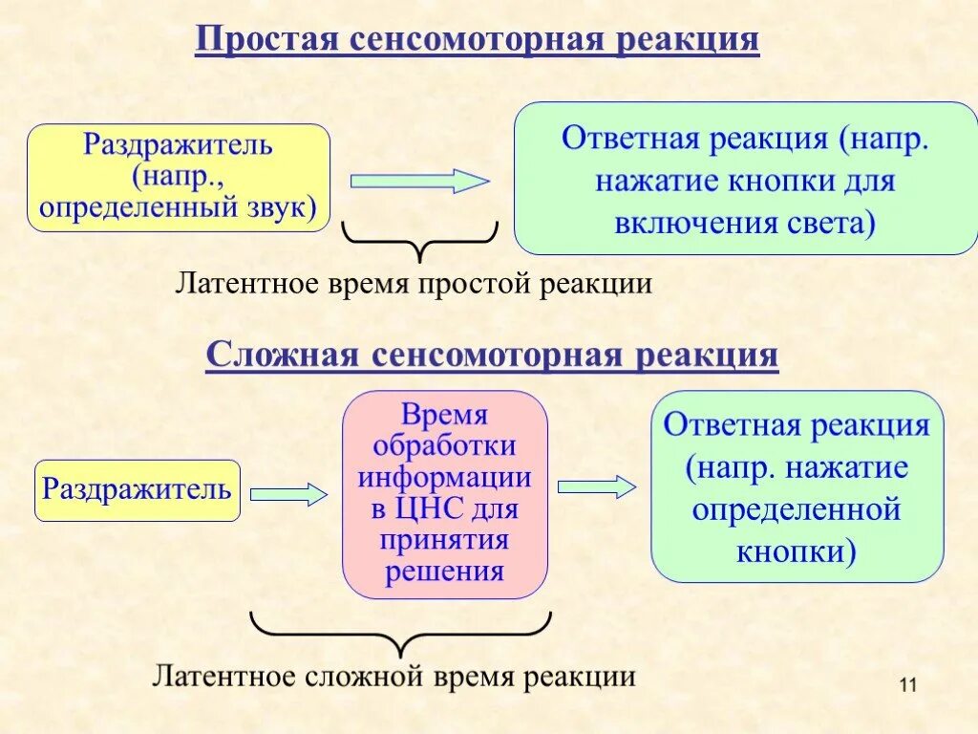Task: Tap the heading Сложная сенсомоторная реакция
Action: pos(492,356)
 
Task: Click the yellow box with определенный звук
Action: pos(179,178)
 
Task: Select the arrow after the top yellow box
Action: pos(419,181)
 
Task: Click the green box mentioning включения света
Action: pos(746,179)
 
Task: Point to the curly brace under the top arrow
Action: pos(419,240)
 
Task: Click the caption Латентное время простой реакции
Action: pos(413,284)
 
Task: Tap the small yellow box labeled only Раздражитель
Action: pos(138,491)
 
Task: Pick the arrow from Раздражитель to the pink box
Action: pos(288,493)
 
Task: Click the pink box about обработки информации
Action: pos(445,493)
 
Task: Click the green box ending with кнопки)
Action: pos(797,486)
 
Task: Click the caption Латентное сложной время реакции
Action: pos(393,677)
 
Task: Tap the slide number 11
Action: pos(907,684)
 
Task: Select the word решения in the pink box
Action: pos(444,572)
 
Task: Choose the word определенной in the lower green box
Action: pos(797,509)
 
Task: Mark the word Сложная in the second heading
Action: pos(281,356)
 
